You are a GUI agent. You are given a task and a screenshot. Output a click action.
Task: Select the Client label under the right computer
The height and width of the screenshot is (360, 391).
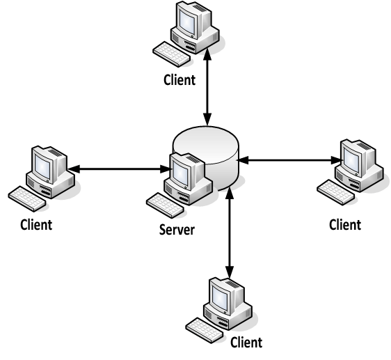point(344,224)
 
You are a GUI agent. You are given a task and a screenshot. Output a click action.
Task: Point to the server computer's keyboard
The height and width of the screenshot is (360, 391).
point(166,203)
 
